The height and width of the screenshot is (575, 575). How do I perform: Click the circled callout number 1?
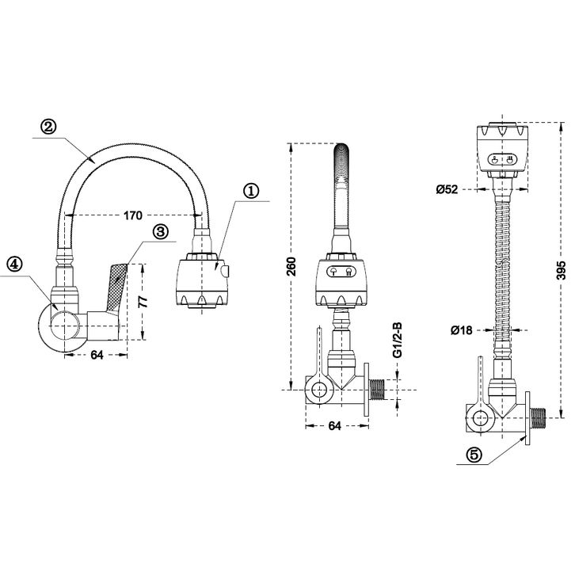252,192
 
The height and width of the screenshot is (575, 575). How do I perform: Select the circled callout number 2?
48,128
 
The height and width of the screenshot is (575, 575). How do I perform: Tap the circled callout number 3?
159,232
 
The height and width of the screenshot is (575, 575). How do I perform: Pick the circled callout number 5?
474,455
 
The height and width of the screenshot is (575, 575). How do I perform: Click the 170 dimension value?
132,215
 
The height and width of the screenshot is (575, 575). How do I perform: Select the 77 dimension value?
143,301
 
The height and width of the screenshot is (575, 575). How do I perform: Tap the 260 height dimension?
291,267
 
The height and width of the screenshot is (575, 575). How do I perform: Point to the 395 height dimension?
562,271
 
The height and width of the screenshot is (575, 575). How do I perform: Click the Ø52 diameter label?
447,189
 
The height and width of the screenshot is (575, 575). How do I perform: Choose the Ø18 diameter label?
461,330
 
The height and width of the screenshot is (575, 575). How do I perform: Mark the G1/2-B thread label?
397,341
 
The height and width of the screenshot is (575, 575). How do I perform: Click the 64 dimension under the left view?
97,355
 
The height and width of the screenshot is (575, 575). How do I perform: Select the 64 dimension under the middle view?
334,426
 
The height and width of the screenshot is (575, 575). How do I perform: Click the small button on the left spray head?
224,272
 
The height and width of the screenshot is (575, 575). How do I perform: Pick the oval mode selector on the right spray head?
502,160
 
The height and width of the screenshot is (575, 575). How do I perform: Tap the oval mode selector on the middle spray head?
341,272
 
